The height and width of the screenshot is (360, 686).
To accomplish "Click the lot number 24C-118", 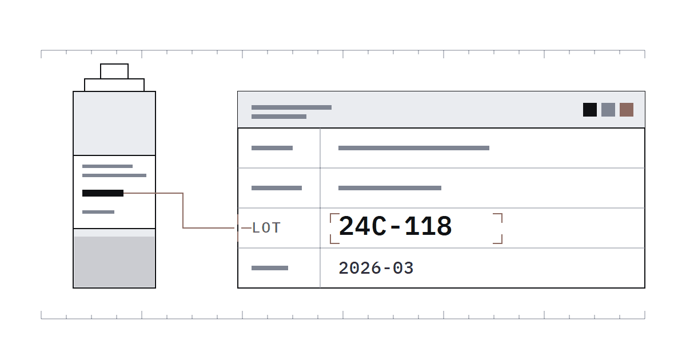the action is (395, 226).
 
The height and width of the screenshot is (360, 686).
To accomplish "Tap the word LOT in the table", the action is (266, 228).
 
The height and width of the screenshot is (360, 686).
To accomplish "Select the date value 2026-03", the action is (376, 268).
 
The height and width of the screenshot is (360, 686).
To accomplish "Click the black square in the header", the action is (590, 110).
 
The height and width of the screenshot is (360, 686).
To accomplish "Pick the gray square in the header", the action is (608, 110).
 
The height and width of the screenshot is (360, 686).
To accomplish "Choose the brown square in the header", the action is (627, 110).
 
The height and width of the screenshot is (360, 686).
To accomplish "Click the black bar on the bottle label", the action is (103, 193).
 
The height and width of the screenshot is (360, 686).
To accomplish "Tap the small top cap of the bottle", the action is (114, 71).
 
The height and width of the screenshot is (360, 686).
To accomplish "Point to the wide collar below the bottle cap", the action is (114, 85).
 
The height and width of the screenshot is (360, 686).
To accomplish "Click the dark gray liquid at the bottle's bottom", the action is (114, 262).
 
